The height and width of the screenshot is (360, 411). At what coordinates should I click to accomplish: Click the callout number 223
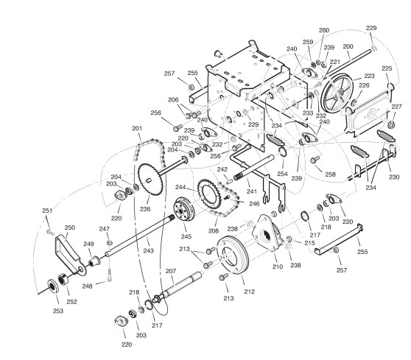coord(370,76)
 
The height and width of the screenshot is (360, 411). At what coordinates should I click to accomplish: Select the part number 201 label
coord(137,128)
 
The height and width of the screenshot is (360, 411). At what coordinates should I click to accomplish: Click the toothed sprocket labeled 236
coord(150,179)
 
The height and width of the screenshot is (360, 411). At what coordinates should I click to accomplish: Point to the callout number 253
coord(58,311)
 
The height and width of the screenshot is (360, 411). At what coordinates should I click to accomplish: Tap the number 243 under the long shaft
coord(148,251)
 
